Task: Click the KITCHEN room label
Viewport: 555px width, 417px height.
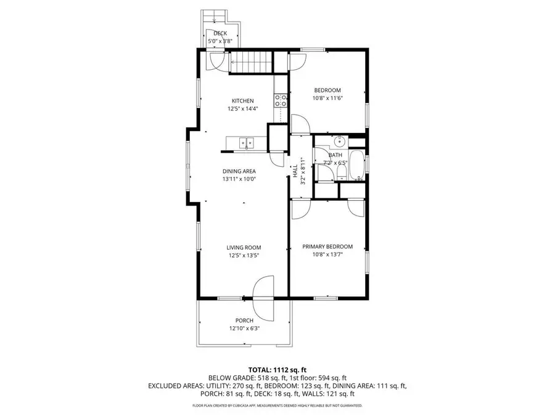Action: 242,101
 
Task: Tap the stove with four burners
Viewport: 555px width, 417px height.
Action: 281,100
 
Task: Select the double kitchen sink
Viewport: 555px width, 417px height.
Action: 246,143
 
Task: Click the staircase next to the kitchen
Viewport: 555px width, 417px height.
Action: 251,62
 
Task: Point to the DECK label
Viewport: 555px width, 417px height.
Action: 220,33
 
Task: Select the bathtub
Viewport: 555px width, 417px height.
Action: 357,165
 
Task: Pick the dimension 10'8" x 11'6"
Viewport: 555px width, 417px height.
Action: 327,98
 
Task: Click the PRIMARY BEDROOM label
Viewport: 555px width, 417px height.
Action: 327,246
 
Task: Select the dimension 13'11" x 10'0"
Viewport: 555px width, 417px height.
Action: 239,179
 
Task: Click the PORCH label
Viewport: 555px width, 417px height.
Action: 244,320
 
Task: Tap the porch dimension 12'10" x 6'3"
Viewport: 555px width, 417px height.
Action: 244,328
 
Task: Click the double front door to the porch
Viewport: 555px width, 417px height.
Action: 262,297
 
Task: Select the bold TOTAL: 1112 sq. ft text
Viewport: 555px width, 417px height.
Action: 277,369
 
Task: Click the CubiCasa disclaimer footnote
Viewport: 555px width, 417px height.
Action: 277,406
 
